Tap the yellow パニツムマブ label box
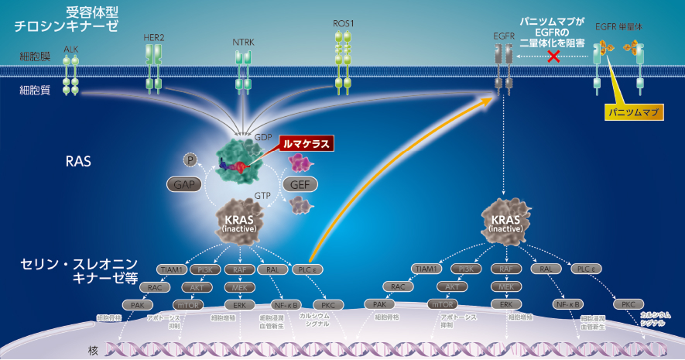coord(632,113)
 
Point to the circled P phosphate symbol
coord(190,159)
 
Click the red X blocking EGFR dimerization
coord(553,57)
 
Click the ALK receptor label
coord(71,49)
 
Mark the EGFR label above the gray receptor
coord(504,36)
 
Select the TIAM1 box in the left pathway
coord(171,269)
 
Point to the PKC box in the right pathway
coord(628,304)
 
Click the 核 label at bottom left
coord(94,350)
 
